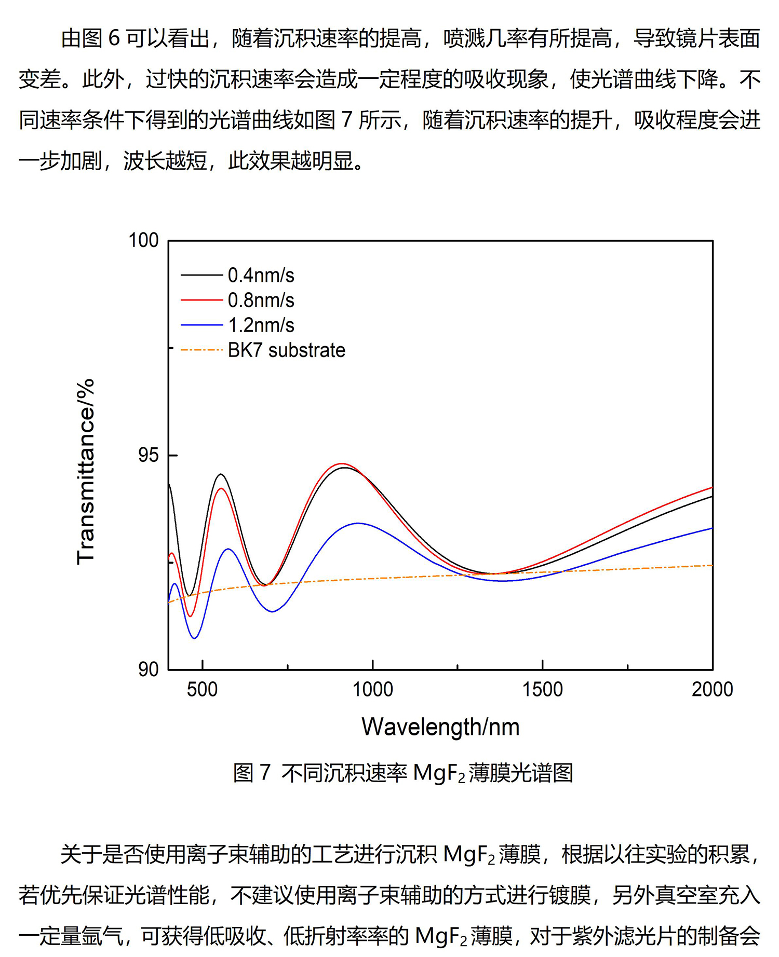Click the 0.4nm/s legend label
261,276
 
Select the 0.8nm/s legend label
261,300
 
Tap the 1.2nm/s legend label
261,325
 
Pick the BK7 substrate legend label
286,350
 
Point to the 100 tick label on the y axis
143,240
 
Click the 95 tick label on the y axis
148,455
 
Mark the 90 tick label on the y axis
148,669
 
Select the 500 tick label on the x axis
202,690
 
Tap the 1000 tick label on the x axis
372,690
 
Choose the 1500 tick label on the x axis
542,690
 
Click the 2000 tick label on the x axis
712,690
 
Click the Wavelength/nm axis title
440,727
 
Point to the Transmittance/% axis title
86,471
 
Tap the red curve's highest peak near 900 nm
341,463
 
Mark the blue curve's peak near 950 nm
358,523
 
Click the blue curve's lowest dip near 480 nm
195,638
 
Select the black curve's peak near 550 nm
221,474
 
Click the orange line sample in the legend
202,350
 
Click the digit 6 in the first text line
114,39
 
